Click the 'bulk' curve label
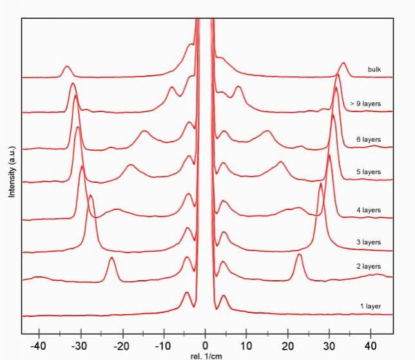tap(375, 70)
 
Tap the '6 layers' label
tap(368, 139)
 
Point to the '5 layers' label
tap(368, 172)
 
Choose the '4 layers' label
tap(368, 210)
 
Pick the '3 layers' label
tap(368, 242)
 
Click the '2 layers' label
tap(368, 266)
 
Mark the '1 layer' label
tap(371, 306)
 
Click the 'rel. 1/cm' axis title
tap(205, 355)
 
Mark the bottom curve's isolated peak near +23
tap(299, 256)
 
